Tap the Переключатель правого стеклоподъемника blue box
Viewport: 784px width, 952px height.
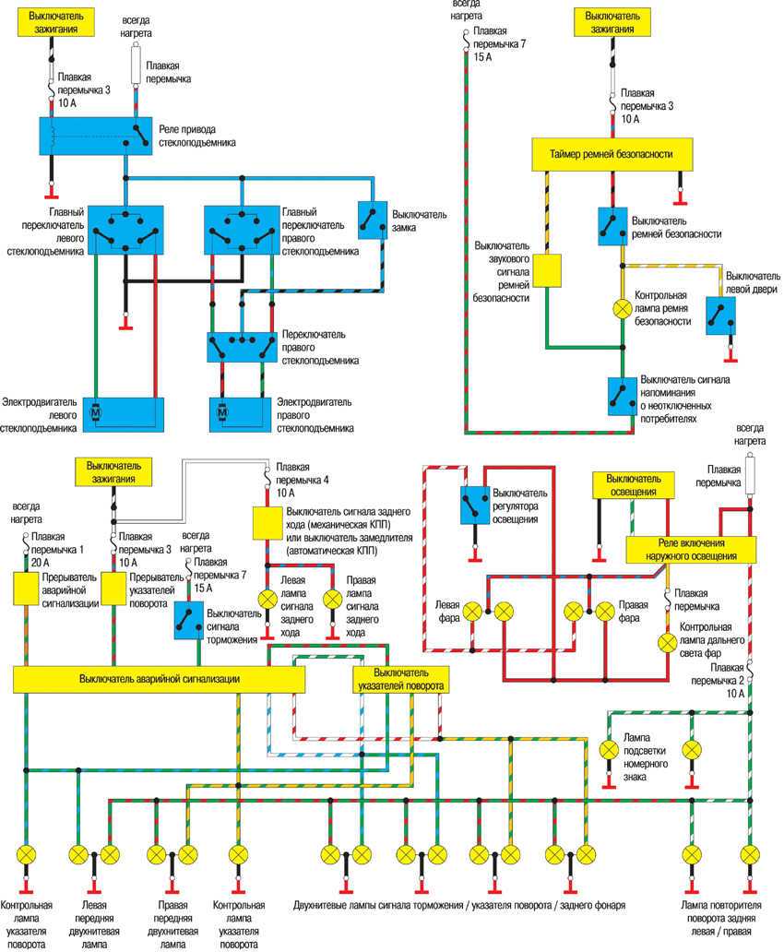241,347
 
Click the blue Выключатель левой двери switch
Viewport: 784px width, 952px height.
719,315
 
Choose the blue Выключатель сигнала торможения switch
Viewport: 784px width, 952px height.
188,619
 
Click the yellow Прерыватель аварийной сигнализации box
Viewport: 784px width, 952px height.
31,589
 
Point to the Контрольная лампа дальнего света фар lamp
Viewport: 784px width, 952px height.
666,642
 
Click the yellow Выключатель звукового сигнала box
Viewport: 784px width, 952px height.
548,270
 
